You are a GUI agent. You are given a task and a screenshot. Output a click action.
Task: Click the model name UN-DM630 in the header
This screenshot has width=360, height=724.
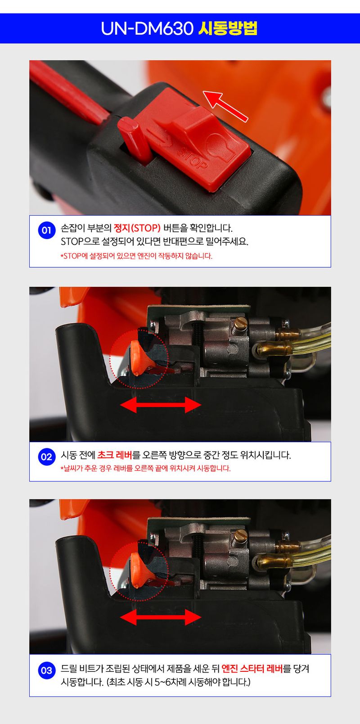pos(147,29)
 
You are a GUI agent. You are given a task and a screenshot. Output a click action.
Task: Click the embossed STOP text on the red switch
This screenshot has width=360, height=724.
pos(192,158)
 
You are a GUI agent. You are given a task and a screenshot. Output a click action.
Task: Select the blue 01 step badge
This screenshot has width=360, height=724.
pos(46,231)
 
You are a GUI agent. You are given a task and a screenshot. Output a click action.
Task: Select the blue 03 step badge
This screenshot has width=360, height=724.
pos(46,670)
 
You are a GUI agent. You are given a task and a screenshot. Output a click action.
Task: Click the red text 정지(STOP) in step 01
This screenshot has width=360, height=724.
pos(137,228)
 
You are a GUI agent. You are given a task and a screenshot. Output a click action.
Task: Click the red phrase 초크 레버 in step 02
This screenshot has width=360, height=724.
pos(114,455)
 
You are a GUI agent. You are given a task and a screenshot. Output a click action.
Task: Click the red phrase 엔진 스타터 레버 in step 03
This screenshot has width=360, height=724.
pos(252,669)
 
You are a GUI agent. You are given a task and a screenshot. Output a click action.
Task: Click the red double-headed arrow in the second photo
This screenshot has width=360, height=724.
pos(160,405)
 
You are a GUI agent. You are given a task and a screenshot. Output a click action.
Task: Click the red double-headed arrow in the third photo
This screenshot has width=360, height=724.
pos(160,618)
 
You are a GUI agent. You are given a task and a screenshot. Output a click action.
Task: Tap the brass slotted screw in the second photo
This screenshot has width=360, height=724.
pos(241,322)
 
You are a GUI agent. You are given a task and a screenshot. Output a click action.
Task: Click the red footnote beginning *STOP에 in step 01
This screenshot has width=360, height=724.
pos(136,256)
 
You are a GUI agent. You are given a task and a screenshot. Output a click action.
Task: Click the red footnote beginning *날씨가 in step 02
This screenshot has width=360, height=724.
pos(145,469)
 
